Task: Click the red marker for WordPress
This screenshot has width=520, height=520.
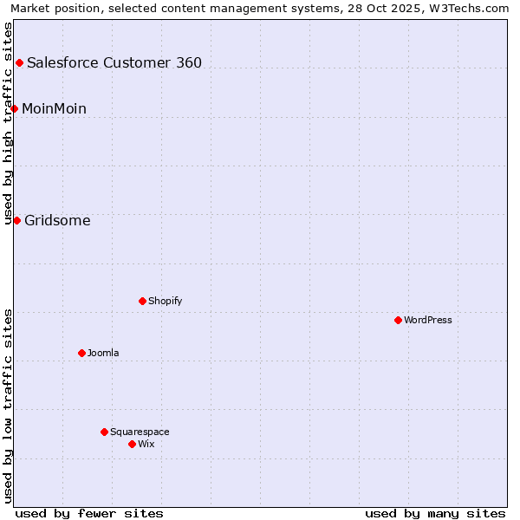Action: click(398, 320)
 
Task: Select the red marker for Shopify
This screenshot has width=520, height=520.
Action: click(142, 301)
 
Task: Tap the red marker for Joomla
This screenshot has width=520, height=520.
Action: click(81, 353)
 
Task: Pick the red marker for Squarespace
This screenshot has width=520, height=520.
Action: click(104, 432)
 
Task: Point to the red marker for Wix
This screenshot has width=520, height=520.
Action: click(132, 444)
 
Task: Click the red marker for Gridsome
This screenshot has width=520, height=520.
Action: click(16, 220)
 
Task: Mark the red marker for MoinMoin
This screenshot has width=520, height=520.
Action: click(14, 108)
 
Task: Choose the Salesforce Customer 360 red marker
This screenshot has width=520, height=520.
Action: click(19, 62)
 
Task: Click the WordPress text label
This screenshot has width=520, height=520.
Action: click(428, 320)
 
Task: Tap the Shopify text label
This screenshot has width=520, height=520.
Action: click(165, 301)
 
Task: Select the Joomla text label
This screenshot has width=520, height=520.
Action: click(103, 353)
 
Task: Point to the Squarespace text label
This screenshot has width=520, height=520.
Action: click(140, 432)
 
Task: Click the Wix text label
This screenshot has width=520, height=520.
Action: click(146, 444)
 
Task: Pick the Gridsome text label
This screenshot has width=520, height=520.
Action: click(57, 220)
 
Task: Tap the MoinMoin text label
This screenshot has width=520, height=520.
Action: click(54, 108)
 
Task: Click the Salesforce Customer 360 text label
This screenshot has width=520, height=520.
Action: click(114, 62)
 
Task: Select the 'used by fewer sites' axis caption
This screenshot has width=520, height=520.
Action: click(89, 513)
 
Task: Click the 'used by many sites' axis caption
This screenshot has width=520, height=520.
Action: click(435, 513)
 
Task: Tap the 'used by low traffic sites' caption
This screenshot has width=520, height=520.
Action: click(8, 406)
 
